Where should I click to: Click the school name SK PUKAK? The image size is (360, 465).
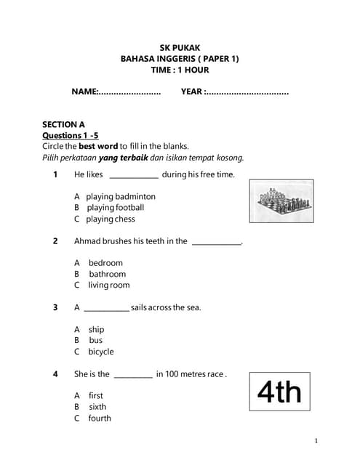click(x=180, y=47)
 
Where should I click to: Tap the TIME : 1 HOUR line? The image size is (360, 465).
click(x=180, y=70)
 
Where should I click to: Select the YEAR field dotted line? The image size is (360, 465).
click(x=247, y=92)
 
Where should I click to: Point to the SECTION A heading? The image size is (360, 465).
click(x=63, y=124)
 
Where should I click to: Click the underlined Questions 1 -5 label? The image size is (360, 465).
click(x=70, y=135)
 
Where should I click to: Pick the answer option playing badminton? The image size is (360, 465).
click(x=120, y=196)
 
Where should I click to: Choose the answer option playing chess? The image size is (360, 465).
click(x=111, y=219)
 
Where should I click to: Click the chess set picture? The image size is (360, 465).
click(x=280, y=201)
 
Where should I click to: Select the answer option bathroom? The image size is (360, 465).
click(x=107, y=274)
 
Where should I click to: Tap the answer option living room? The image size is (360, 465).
click(x=108, y=286)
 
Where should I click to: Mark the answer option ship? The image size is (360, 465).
click(x=96, y=329)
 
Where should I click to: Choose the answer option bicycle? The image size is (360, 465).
click(x=101, y=352)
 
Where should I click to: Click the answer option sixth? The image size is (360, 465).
click(x=97, y=407)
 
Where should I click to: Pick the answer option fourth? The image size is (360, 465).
click(x=100, y=418)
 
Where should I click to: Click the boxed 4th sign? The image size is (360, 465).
click(x=279, y=393)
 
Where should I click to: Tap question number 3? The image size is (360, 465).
click(x=55, y=307)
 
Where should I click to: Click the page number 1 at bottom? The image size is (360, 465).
click(x=316, y=441)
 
